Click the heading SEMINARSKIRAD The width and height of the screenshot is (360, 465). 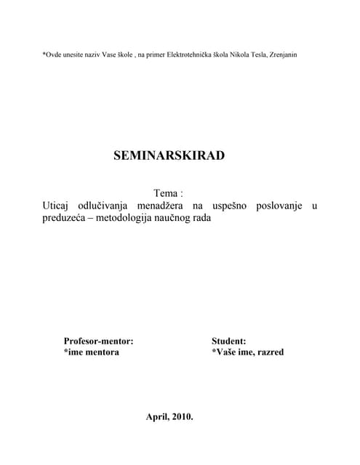coord(169,155)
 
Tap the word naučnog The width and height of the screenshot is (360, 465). coord(193,219)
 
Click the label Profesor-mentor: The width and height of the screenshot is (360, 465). coord(98,340)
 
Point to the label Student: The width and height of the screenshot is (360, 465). coord(228,340)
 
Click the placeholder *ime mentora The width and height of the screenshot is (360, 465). coord(92,352)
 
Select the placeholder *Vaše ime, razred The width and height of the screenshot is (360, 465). coord(247,352)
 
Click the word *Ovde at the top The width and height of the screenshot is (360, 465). coord(53,55)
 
